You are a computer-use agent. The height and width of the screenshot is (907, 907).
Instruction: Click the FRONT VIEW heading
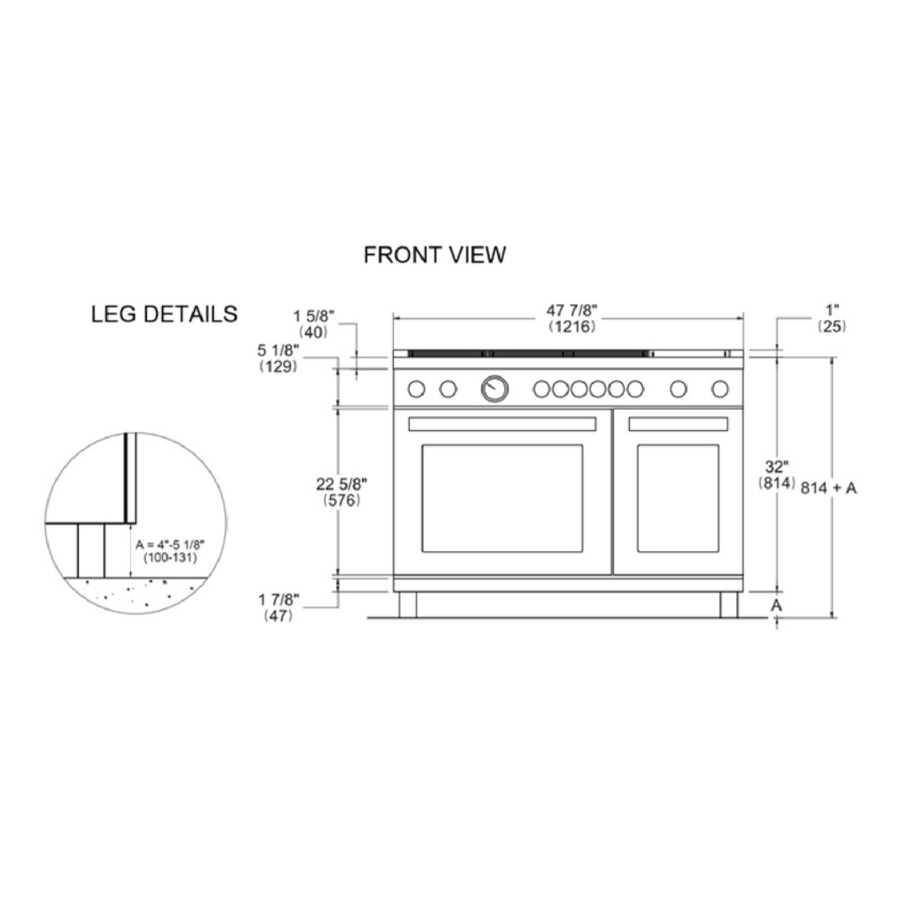(x=434, y=254)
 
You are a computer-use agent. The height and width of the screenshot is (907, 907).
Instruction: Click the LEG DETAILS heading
(x=165, y=314)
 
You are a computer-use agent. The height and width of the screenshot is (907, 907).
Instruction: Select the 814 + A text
(x=828, y=488)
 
